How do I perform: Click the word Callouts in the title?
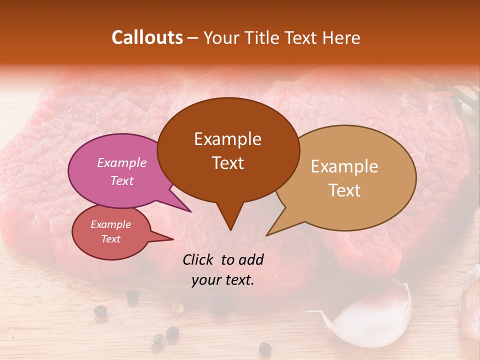[147, 37]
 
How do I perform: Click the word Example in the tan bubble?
[344, 166]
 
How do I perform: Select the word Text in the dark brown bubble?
[228, 163]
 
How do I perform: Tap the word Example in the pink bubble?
[122, 162]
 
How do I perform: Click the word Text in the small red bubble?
[111, 239]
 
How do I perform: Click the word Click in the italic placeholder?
[199, 259]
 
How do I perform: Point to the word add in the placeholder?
[251, 259]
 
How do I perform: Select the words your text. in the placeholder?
[223, 280]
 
